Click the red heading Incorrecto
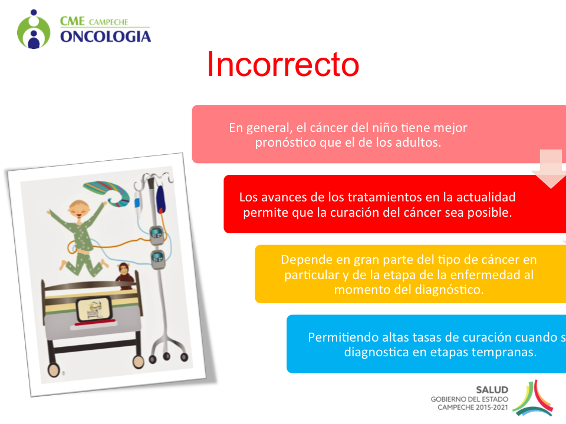click(283, 64)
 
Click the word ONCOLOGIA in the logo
click(106, 37)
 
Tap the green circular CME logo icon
click(34, 29)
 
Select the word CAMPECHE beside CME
click(108, 22)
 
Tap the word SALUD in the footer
click(492, 390)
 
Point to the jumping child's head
click(80, 210)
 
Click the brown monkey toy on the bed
click(124, 276)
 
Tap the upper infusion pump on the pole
click(157, 234)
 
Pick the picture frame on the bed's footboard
click(94, 309)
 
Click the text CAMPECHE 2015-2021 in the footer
click(473, 408)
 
